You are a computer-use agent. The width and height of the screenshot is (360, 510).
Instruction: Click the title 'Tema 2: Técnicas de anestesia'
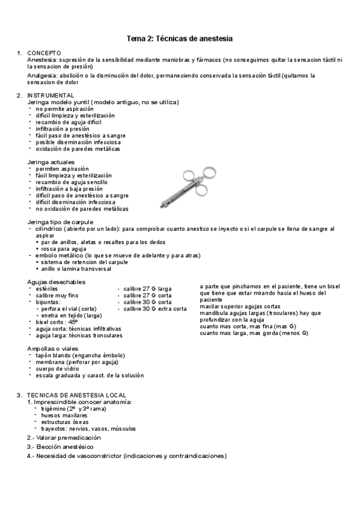tap(179, 38)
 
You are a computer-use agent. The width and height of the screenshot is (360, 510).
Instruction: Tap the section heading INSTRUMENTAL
tap(50, 96)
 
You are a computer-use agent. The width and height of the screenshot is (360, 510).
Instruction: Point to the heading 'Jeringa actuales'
tap(51, 162)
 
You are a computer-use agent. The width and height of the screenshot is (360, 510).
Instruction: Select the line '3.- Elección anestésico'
tap(60, 447)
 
